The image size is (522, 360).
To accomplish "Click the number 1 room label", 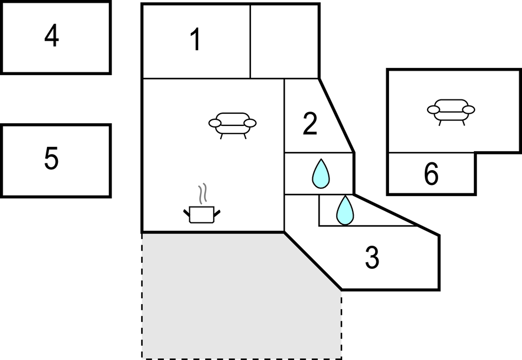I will click(195, 41).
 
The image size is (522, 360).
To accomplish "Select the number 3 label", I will click(372, 258).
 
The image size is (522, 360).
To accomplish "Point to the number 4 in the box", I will click(52, 37).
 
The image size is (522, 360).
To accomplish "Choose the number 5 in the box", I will click(51, 159).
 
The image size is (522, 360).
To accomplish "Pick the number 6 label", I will click(431, 174).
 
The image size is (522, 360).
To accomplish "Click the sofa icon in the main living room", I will click(232, 124).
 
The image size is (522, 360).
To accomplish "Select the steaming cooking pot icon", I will click(201, 213).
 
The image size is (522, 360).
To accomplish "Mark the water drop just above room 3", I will click(345, 210).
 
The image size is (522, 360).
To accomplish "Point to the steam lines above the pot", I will click(203, 193).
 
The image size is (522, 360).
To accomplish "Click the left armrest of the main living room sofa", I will click(215, 123).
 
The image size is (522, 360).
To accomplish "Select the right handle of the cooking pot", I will click(217, 212).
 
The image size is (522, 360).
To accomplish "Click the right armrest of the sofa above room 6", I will click(468, 109).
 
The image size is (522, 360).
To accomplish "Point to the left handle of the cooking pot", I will click(186, 211).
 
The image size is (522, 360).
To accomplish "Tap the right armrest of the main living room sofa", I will click(250, 123).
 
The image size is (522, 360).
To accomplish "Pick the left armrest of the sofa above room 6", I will click(433, 110).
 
